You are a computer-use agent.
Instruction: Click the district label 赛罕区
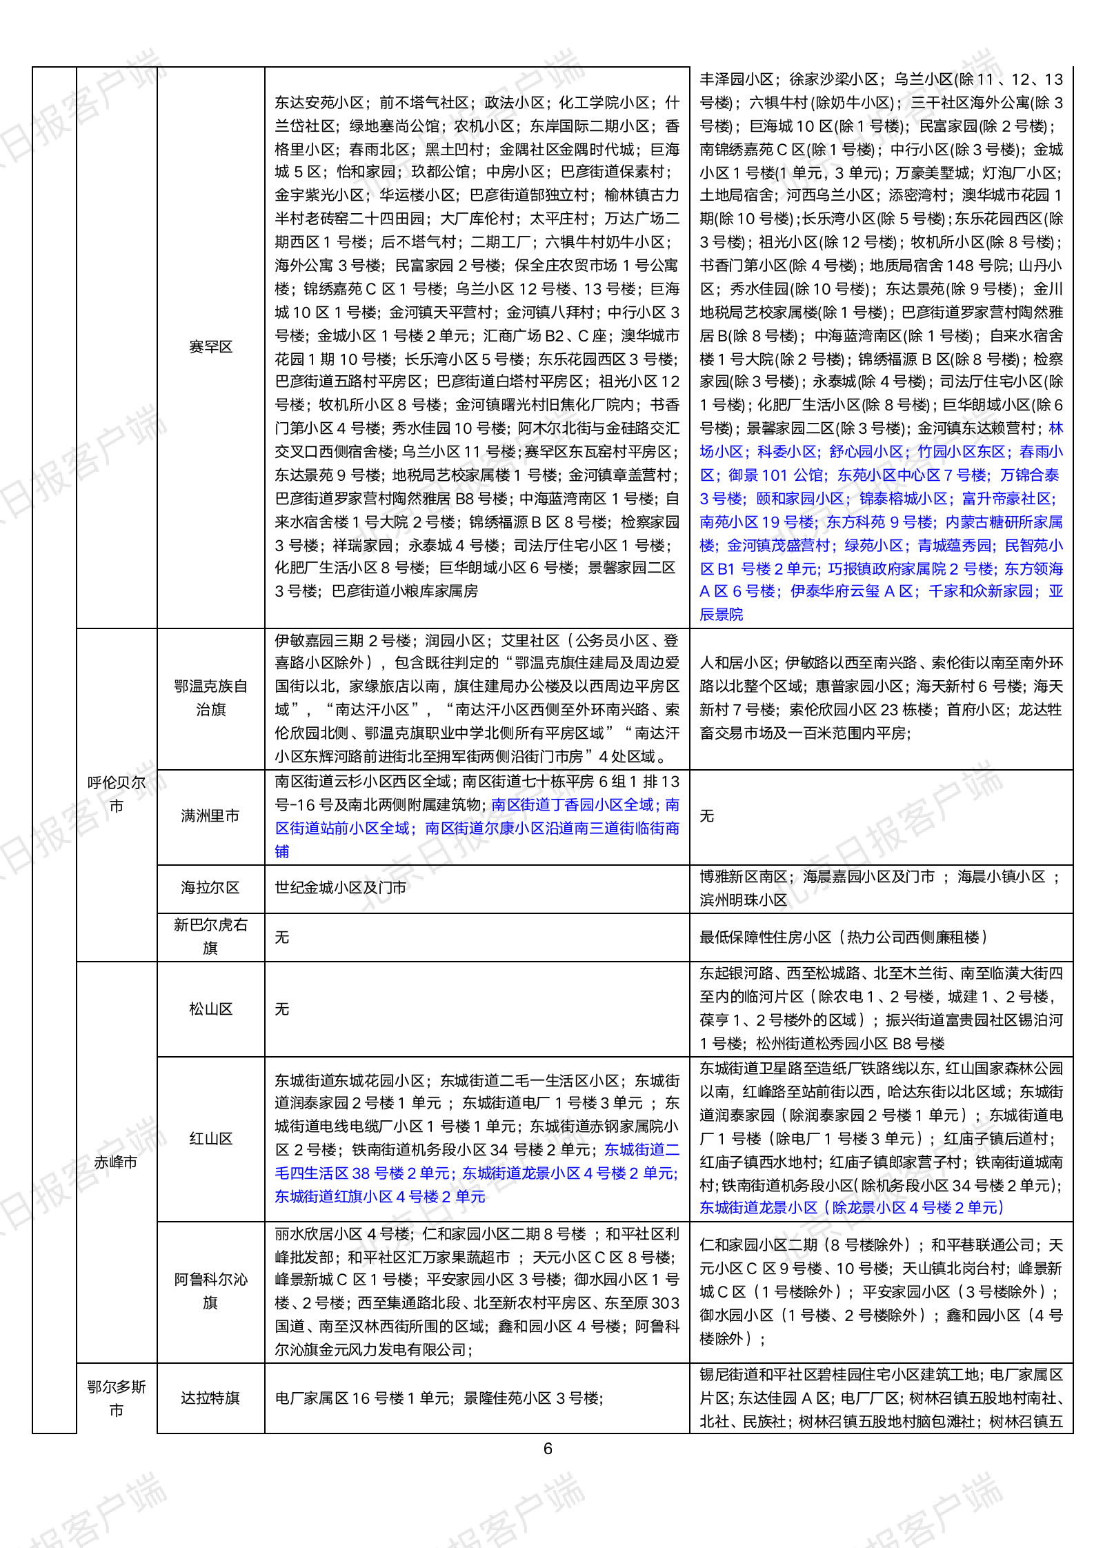(x=210, y=347)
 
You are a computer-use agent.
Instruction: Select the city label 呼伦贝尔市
(x=117, y=794)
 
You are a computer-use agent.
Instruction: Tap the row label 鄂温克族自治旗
(x=210, y=697)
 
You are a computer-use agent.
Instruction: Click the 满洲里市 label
(x=210, y=816)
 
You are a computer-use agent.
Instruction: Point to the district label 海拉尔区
(x=210, y=888)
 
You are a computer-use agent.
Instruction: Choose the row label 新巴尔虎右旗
(x=210, y=936)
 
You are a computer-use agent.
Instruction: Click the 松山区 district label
(x=210, y=1009)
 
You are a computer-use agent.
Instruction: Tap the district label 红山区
(x=210, y=1139)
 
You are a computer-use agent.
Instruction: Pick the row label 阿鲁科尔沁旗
(x=210, y=1291)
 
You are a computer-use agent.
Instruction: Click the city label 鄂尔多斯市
(x=117, y=1398)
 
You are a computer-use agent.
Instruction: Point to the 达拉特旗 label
(x=210, y=1398)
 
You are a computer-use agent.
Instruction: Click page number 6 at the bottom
(x=548, y=1449)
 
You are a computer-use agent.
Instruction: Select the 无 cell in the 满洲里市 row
(x=707, y=816)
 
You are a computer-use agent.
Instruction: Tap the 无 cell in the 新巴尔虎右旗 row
(x=282, y=937)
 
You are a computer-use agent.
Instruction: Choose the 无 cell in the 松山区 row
(x=282, y=1009)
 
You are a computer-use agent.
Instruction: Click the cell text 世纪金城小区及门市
(x=340, y=888)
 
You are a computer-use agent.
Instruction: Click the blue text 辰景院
(x=722, y=615)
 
